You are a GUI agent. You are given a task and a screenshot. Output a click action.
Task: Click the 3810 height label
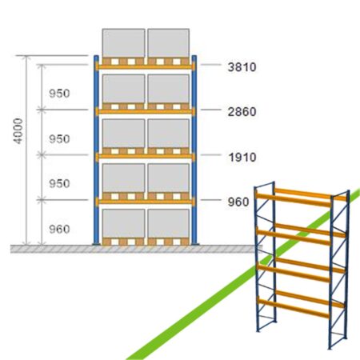pyautogui.click(x=242, y=67)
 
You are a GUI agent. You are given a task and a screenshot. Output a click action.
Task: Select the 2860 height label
pyautogui.click(x=242, y=112)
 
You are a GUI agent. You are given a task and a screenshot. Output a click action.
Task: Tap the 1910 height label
pyautogui.click(x=242, y=158)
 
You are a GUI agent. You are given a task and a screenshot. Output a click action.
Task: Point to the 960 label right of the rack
pyautogui.click(x=238, y=202)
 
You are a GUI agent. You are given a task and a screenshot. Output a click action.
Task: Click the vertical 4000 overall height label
pyautogui.click(x=18, y=131)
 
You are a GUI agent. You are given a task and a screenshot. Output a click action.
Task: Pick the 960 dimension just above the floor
pyautogui.click(x=59, y=229)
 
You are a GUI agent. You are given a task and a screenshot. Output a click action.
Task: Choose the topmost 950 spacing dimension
pyautogui.click(x=59, y=94)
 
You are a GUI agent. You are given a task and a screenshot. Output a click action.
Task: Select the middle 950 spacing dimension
pyautogui.click(x=59, y=139)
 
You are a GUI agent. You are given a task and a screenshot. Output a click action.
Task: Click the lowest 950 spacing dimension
pyautogui.click(x=59, y=183)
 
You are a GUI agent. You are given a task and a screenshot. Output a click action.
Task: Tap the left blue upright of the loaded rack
pyautogui.click(x=96, y=150)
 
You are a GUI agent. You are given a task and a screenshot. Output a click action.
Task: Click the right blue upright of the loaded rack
pyautogui.click(x=194, y=150)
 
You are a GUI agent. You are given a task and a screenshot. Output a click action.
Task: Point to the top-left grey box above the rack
pyautogui.click(x=123, y=43)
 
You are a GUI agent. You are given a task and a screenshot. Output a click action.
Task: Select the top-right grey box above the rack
pyautogui.click(x=169, y=43)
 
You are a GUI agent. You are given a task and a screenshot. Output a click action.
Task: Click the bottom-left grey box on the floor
pyautogui.click(x=124, y=223)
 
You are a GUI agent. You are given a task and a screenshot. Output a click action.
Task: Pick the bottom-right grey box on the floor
pyautogui.click(x=169, y=223)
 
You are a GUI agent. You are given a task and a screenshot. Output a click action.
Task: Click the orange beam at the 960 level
pyautogui.click(x=146, y=202)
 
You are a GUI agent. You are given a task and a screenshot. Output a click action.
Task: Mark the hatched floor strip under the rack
pyautogui.click(x=136, y=249)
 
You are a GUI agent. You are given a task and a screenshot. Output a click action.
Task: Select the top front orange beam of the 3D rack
pyautogui.click(x=294, y=201)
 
